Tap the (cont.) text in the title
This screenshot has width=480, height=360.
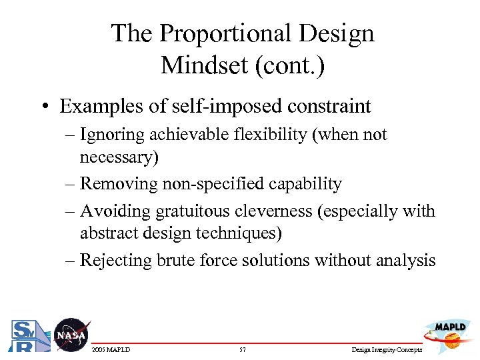pyautogui.click(x=288, y=65)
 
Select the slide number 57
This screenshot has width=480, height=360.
pyautogui.click(x=242, y=350)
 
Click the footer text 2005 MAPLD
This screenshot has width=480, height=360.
pyautogui.click(x=111, y=350)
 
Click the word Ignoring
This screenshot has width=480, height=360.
pyautogui.click(x=111, y=135)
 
